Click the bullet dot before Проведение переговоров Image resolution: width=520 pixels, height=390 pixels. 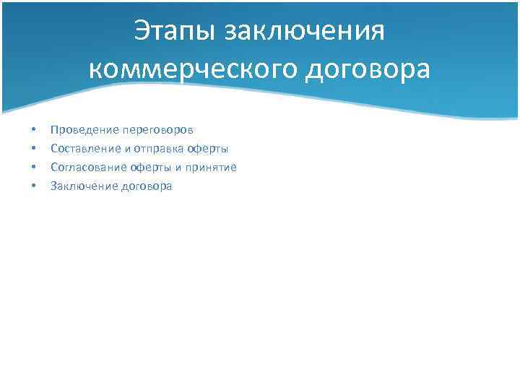coord(32,130)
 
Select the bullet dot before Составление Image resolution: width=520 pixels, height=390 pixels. coord(32,149)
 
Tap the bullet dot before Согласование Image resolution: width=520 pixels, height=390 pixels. coord(32,168)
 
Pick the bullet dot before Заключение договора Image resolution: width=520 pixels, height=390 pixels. coord(32,186)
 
